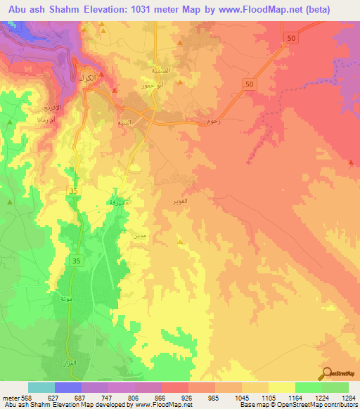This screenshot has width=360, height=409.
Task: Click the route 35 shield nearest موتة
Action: coord(75,260)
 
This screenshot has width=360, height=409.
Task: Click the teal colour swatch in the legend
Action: coord(41,387)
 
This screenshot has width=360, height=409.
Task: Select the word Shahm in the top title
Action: coord(71,8)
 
